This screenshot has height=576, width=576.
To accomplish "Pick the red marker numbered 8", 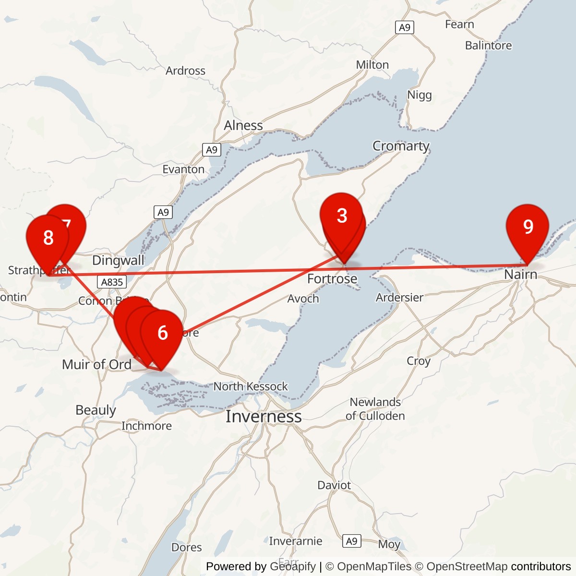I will point(48,238).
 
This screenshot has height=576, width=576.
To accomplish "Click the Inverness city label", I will point(264,417).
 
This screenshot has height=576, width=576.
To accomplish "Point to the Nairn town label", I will point(520,275).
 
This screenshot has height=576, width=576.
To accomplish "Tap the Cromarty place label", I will point(401,146).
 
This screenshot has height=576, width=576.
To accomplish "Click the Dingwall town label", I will point(118,260).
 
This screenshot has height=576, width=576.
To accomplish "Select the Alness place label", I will point(243,125).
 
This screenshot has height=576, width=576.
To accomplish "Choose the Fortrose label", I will point(332,279).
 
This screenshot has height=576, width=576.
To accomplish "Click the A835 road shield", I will point(112,282).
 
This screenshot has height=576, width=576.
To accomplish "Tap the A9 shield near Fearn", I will point(405,28).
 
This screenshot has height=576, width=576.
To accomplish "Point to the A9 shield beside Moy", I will point(352,541).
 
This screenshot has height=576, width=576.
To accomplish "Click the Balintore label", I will point(488,46).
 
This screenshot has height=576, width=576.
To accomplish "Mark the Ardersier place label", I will point(399,298).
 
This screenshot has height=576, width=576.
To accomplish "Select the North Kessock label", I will point(251,386).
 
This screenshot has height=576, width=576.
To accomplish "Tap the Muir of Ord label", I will point(96,364).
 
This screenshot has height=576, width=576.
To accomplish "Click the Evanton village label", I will point(183,169).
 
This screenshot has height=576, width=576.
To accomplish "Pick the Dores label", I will point(187,547).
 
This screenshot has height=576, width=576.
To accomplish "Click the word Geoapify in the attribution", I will point(293,566).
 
